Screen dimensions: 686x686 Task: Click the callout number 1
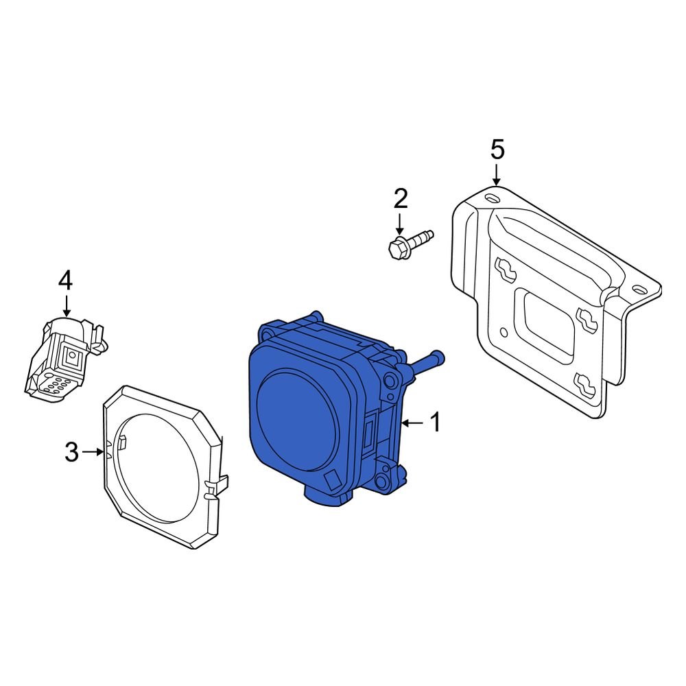tap(436, 423)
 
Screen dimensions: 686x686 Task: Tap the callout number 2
tap(400, 199)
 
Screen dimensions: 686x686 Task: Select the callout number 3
tap(72, 452)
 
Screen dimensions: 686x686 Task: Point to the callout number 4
tap(65, 280)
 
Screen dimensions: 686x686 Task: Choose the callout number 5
tap(497, 148)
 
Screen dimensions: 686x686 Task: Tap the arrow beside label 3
tap(93, 452)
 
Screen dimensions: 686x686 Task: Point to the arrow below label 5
tap(497, 173)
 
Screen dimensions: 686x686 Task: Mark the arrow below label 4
tap(66, 304)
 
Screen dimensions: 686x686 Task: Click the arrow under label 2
tap(400, 223)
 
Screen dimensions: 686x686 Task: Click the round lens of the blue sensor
tap(296, 419)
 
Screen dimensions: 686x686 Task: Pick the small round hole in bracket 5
tap(504, 333)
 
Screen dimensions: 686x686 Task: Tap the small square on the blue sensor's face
tap(333, 480)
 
